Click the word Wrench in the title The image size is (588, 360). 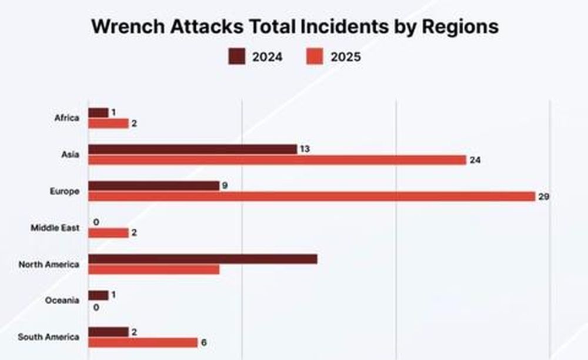coord(128,26)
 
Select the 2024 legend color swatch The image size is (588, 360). coord(236,56)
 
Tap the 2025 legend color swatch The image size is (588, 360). coord(315,56)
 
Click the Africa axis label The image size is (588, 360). coord(67,118)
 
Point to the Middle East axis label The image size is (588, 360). coord(55,228)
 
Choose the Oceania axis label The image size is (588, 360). coord(62,301)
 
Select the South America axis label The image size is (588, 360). coord(49,336)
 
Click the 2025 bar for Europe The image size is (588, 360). coord(312,196)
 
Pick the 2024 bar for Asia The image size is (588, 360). coord(193,149)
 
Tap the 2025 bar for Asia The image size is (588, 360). coord(278,160)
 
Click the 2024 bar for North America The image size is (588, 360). coord(203,259)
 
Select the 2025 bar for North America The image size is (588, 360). coord(154,269)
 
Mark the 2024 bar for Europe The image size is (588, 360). coord(154,186)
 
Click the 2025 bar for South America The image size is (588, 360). coord(143,343)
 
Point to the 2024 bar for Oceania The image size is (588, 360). coord(99,295)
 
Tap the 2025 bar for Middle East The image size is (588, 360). coord(109,233)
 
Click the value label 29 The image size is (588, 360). coord(544,196)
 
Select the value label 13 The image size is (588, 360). coord(305,149)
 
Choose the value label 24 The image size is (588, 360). coord(475,160)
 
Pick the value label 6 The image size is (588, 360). coord(203,343)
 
